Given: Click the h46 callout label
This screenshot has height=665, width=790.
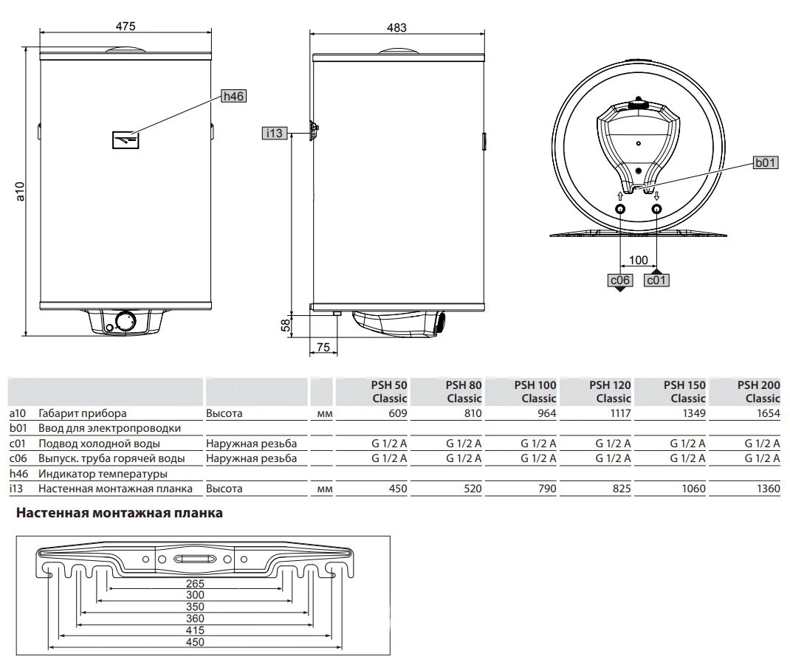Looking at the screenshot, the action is click(x=233, y=96).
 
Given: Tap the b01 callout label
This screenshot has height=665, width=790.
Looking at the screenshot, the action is click(x=765, y=163).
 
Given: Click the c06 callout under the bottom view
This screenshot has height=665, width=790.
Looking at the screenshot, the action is click(x=619, y=280).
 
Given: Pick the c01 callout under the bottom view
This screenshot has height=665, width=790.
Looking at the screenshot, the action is click(x=657, y=280).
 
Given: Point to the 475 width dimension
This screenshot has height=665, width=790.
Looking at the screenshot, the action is click(x=126, y=27).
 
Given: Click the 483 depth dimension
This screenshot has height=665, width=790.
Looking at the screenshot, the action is click(x=396, y=27).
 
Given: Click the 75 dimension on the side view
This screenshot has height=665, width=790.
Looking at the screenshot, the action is click(x=323, y=348).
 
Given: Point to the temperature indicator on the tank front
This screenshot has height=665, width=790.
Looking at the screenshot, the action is click(x=126, y=139).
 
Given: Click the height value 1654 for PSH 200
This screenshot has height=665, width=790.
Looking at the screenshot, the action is click(x=767, y=414).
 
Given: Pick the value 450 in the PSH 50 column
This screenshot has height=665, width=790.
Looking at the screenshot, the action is click(x=397, y=489).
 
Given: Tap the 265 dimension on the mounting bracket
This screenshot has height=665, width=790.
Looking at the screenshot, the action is click(x=194, y=583).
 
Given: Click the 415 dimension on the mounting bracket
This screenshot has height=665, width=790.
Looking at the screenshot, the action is click(x=194, y=631).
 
